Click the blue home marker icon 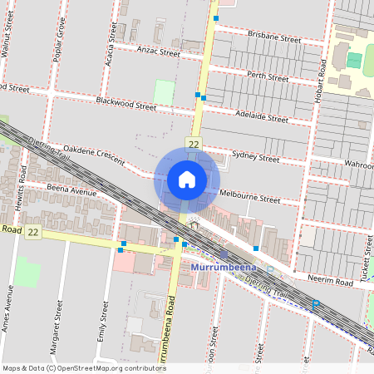tap(187, 179)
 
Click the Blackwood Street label tap(125, 106)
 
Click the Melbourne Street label tap(253, 199)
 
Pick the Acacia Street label tap(111, 32)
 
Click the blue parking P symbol tap(315, 305)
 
